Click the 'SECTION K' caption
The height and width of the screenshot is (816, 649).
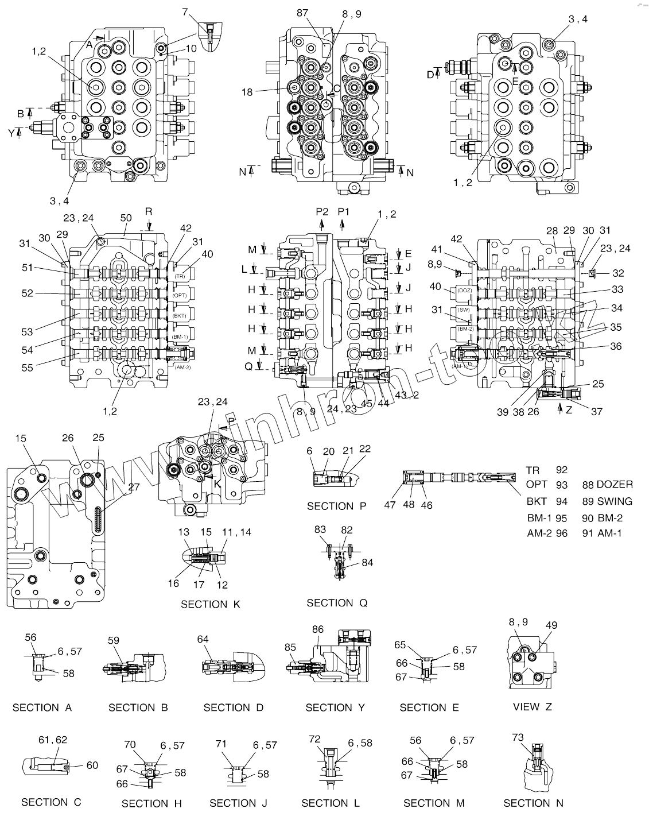coord(211,604)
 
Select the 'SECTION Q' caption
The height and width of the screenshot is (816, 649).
coord(337,602)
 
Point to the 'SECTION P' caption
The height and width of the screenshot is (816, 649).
coord(337,506)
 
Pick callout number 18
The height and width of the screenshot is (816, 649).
coord(247,91)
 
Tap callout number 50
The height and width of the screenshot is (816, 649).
coord(126,218)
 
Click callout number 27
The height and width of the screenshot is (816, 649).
coord(134,487)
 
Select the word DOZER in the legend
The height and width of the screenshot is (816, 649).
coord(615,485)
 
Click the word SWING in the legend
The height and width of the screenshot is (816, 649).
coord(615,501)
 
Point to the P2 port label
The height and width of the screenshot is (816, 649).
coord(322,212)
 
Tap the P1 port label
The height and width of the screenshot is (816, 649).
coord(344,212)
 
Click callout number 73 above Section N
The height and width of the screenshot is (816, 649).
coord(518,737)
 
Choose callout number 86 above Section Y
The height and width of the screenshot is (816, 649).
coord(318,629)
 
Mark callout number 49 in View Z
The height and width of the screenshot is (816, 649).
coord(551,625)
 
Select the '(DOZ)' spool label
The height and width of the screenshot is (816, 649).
coord(465,291)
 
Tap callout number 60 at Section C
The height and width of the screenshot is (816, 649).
coord(92,765)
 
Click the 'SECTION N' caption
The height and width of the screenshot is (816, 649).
coord(533,803)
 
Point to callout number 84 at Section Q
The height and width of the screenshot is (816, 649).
coord(367,563)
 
